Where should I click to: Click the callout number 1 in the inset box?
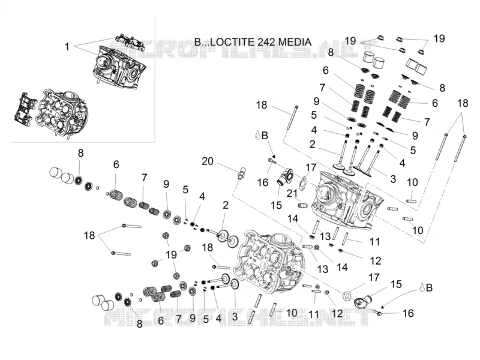pyautogui.click(x=67, y=47)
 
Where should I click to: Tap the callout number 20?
pyautogui.click(x=207, y=161)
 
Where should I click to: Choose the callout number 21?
pyautogui.click(x=292, y=193)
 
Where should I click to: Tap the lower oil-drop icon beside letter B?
pyautogui.click(x=422, y=287)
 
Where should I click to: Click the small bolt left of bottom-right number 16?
pyautogui.click(x=378, y=313)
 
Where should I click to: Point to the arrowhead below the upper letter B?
pyautogui.click(x=274, y=156)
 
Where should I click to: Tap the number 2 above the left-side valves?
pyautogui.click(x=226, y=205)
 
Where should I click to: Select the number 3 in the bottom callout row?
pyautogui.click(x=235, y=317)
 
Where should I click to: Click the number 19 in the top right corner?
pyautogui.click(x=439, y=38)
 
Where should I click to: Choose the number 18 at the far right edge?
pyautogui.click(x=463, y=103)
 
